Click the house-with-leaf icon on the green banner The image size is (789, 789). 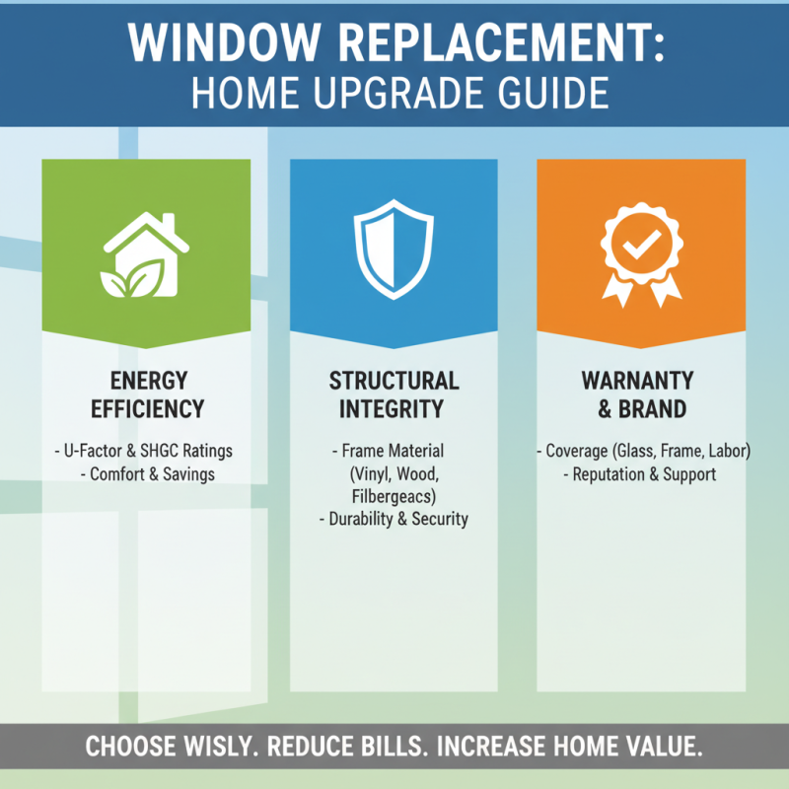coord(146,255)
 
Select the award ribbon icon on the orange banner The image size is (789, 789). coord(641,253)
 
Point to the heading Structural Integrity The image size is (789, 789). coord(394,394)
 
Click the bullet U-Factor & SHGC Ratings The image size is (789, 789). coord(145,451)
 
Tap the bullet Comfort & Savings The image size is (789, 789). coord(145,474)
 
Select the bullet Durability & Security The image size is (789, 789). coord(394,519)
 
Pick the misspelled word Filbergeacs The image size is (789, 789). coord(394,496)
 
